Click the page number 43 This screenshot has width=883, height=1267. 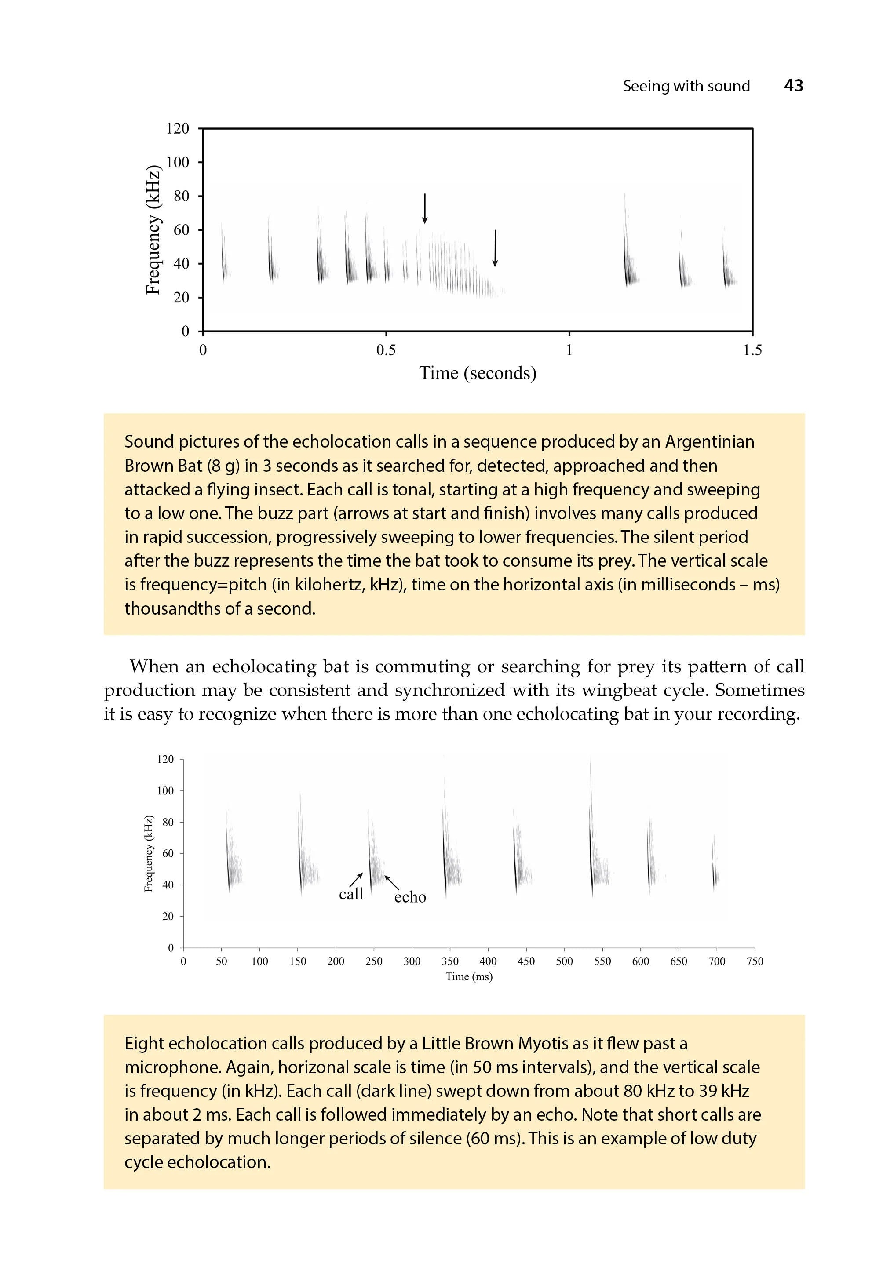click(793, 86)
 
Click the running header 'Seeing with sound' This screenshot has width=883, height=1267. click(686, 86)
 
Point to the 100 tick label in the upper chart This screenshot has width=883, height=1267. click(177, 162)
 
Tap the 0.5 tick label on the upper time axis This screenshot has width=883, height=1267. click(386, 350)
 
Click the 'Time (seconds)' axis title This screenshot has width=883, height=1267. click(478, 373)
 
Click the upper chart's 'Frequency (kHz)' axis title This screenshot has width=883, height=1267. click(153, 229)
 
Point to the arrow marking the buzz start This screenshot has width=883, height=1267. click(424, 208)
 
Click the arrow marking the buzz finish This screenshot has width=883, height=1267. click(495, 248)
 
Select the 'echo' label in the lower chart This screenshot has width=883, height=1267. click(410, 897)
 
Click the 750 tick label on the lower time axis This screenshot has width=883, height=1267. click(755, 961)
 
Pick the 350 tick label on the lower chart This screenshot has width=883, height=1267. click(450, 961)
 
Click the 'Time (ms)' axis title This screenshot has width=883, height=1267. click(468, 977)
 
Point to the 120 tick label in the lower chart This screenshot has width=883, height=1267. click(165, 759)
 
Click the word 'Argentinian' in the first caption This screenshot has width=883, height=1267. click(709, 442)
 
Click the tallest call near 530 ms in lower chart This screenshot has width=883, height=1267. click(591, 839)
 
